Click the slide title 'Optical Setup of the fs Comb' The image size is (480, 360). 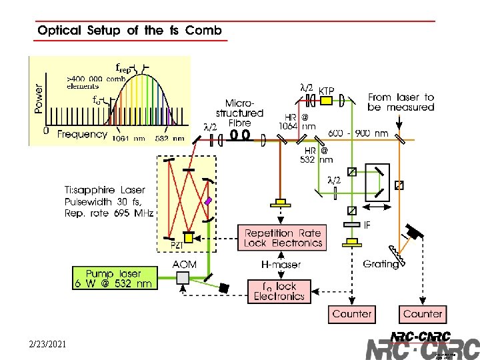[129, 30]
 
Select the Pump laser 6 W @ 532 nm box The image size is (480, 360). [113, 278]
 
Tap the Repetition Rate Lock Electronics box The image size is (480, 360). [283, 238]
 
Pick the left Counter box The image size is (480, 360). [353, 313]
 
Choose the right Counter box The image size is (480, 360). [422, 313]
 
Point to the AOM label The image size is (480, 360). [184, 265]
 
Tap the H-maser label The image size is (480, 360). [281, 265]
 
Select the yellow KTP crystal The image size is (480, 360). [326, 101]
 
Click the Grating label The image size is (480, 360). [381, 264]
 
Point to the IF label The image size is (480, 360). [367, 225]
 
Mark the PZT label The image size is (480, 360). [177, 245]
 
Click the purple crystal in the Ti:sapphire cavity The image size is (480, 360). [208, 201]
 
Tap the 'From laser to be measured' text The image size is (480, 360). [401, 102]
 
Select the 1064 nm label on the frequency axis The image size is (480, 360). [127, 139]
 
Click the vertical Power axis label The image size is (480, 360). [39, 98]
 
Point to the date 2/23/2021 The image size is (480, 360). [48, 345]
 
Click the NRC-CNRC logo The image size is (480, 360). [421, 345]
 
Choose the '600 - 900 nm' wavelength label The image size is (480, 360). [358, 133]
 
